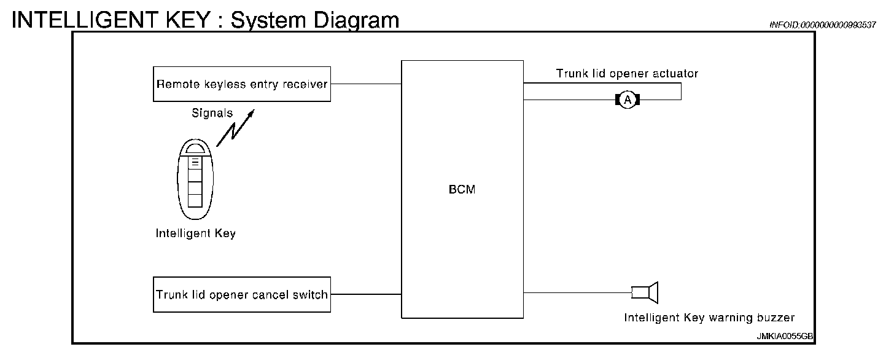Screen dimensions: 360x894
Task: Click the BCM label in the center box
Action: pos(462,190)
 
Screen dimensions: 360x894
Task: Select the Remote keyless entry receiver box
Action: pos(242,84)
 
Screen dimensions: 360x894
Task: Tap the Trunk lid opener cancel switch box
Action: pos(242,294)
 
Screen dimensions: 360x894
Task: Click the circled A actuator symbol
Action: pos(627,100)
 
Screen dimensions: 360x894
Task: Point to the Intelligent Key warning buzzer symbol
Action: pos(645,292)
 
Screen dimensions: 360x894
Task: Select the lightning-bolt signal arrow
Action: pos(235,130)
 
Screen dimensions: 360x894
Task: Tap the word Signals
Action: pos(212,113)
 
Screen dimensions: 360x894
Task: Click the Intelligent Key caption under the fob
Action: pos(195,233)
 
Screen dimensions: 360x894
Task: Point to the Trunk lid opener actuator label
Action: pos(627,74)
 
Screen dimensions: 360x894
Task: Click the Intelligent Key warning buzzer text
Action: pos(709,318)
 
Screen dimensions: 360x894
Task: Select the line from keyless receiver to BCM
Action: pos(366,84)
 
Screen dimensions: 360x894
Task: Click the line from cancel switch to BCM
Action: pos(366,294)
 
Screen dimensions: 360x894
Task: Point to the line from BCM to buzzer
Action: pos(577,292)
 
